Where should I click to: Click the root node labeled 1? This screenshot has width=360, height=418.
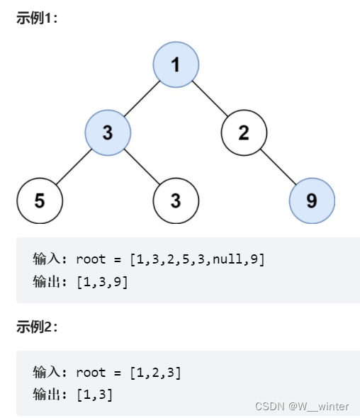[176, 64]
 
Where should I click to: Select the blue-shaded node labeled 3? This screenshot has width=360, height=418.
[108, 132]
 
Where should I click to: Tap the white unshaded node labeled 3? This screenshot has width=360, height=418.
[176, 200]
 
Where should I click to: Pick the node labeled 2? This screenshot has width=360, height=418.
[244, 132]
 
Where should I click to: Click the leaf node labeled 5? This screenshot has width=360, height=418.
[40, 200]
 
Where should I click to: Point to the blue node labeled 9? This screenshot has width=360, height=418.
[312, 200]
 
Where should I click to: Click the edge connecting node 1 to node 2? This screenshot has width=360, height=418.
[210, 98]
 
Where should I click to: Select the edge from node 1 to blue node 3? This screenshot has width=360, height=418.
[142, 98]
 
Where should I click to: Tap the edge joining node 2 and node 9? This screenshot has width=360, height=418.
[278, 166]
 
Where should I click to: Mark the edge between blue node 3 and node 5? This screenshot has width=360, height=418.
[74, 166]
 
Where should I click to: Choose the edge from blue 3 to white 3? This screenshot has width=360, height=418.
[142, 166]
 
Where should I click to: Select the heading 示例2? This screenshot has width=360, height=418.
[37, 326]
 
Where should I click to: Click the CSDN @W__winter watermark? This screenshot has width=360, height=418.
[302, 407]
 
